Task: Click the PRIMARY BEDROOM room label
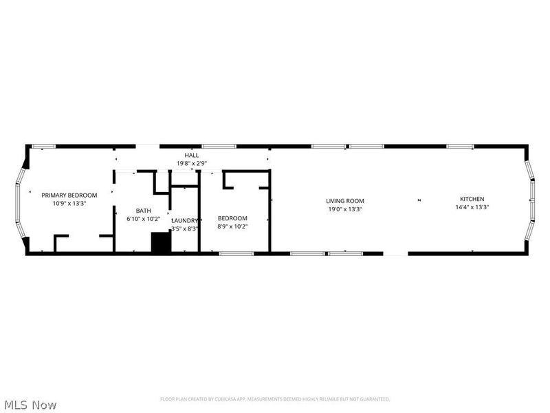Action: coord(69,195)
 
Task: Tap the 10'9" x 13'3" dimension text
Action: coord(69,203)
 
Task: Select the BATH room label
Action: coord(143,211)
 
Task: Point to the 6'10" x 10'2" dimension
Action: coord(143,219)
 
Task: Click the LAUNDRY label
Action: coord(185,220)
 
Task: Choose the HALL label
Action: coord(192,156)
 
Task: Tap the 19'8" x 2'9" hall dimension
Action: coord(192,164)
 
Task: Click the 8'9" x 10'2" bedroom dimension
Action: coord(233,226)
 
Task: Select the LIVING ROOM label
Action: coord(345,201)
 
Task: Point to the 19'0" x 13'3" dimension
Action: coord(345,209)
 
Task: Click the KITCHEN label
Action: coord(472,199)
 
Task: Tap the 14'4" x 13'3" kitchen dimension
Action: coord(472,207)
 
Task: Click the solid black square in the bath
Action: coord(161,243)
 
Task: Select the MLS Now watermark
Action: coord(30,405)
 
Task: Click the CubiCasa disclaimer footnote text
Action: coord(275,399)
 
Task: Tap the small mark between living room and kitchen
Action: coord(419,200)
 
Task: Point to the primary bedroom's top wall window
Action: coord(44,146)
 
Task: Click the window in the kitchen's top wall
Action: coord(460,146)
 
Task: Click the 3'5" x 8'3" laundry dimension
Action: coord(185,229)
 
